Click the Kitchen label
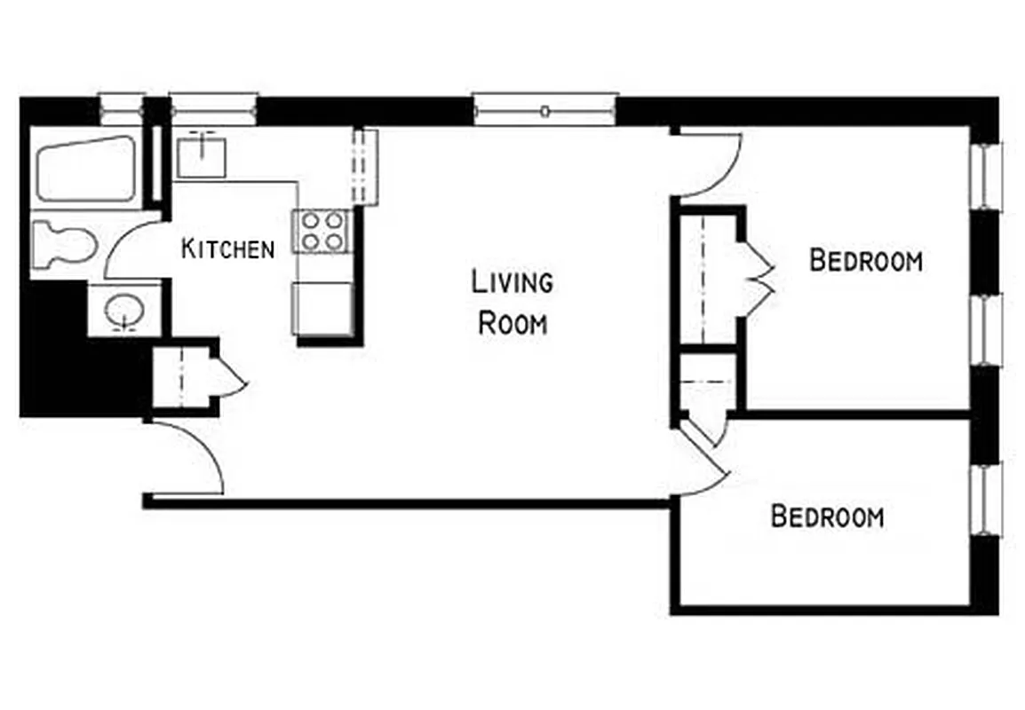[x=227, y=249]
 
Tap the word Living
[x=512, y=283]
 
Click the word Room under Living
[x=512, y=324]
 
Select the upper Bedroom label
[x=866, y=262]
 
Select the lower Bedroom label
[x=827, y=517]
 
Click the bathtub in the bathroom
[x=84, y=169]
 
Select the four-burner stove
[x=322, y=230]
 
